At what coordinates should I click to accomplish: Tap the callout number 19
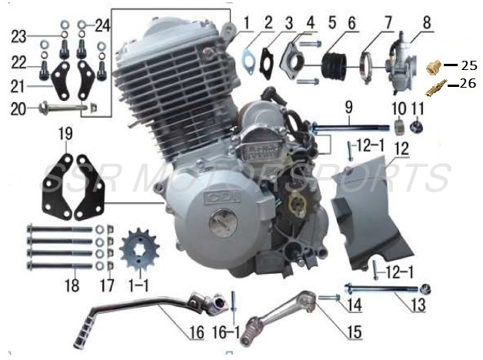pos(66,135)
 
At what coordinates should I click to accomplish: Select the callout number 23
pos(18,35)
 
